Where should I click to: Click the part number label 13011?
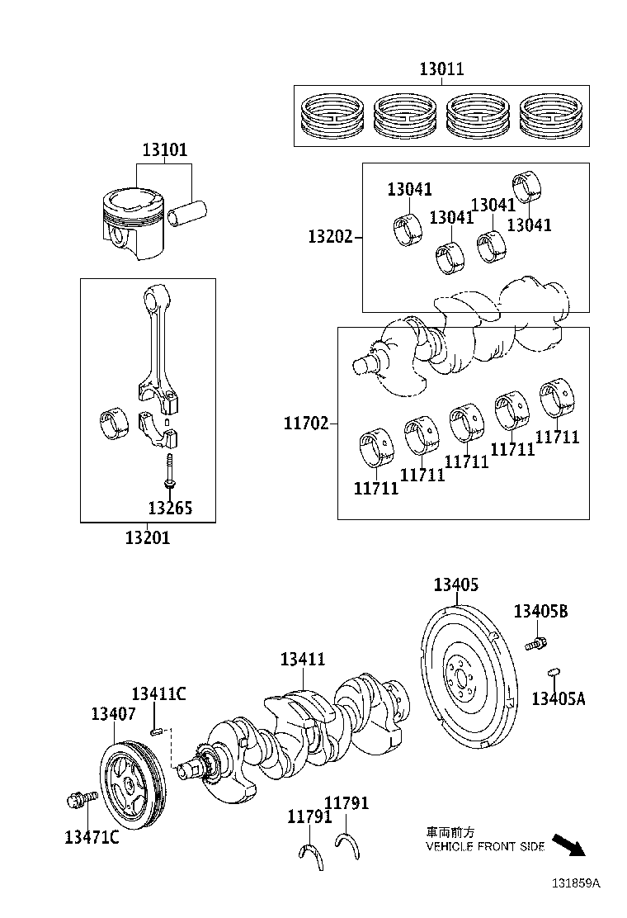pos(441,69)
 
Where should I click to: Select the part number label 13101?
pos(164,150)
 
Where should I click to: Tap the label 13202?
pos(330,237)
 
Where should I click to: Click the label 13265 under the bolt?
pos(170,508)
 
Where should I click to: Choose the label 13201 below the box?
pos(148,537)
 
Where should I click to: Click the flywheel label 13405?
pos(456,585)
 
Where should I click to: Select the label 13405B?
pos(540,611)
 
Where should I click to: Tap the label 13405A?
pos(558,698)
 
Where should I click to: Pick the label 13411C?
pos(158,693)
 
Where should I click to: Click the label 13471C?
pos(92,837)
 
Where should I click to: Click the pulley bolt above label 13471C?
pos(80,799)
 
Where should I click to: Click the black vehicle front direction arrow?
pos(568,845)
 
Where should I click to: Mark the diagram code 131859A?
pos(576,883)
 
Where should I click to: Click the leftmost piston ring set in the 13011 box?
pos(333,116)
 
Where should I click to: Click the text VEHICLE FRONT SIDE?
pos(485,847)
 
